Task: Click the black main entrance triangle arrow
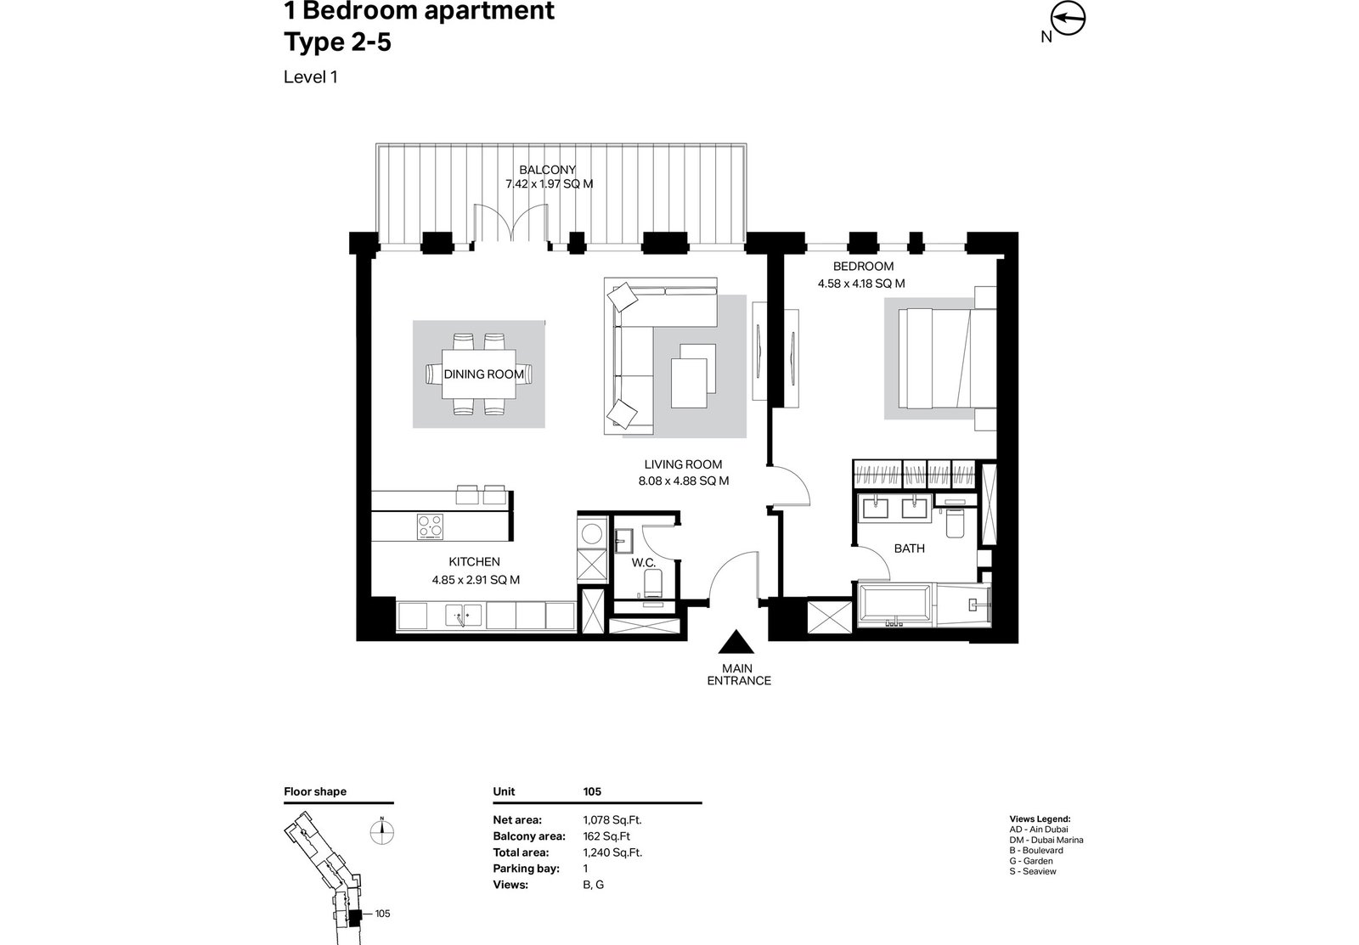pos(736,642)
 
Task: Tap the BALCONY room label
pos(547,170)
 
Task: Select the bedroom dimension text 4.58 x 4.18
pos(849,284)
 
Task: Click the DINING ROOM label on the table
pos(483,374)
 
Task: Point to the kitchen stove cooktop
pos(430,526)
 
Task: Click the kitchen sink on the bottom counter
pos(464,615)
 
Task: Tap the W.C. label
pos(644,563)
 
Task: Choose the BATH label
pos(910,548)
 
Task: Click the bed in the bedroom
pos(947,357)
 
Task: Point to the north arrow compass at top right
pos(1067,20)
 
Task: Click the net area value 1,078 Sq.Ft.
pos(612,820)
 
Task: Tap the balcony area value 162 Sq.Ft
pos(606,836)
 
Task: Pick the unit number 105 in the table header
pos(592,791)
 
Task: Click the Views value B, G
pos(594,885)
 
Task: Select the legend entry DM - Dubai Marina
pos(1046,840)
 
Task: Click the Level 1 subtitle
pos(311,77)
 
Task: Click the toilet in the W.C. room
pos(653,583)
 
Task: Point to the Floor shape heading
pos(315,791)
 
